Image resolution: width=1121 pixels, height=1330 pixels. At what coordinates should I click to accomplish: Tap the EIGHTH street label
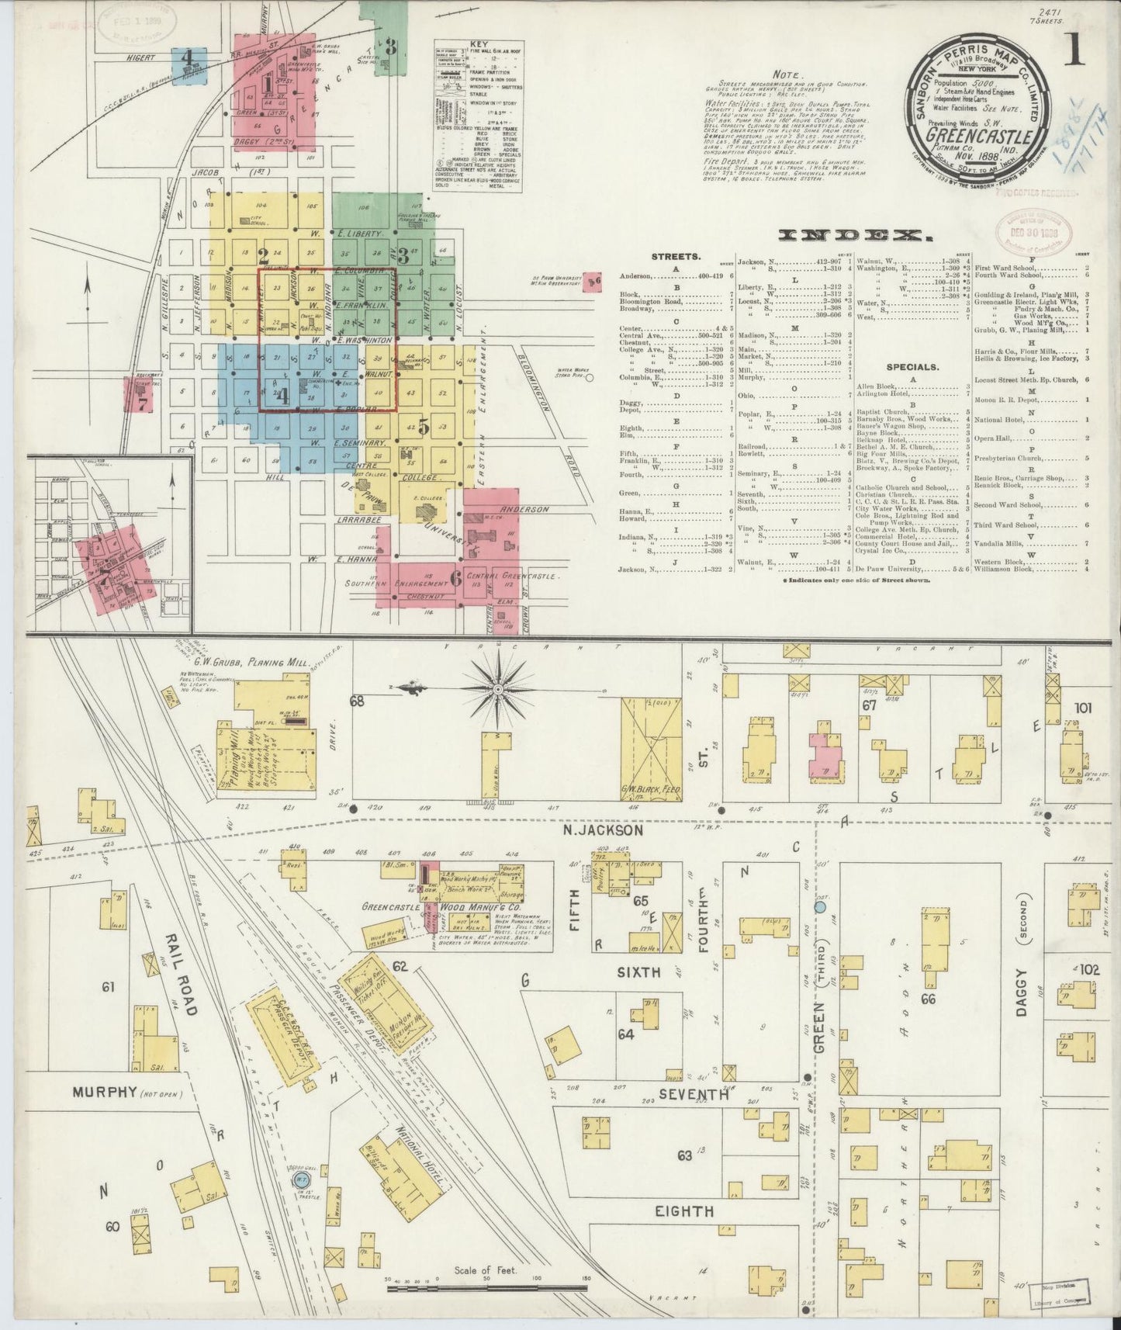point(683,1232)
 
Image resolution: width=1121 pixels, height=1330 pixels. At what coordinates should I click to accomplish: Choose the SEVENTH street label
point(694,1096)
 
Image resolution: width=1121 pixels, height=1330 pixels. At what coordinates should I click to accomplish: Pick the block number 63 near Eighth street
point(683,1155)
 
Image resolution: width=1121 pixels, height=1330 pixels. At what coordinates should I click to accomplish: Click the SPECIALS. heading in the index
point(909,366)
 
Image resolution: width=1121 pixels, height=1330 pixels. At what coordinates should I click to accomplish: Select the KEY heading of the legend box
point(476,45)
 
